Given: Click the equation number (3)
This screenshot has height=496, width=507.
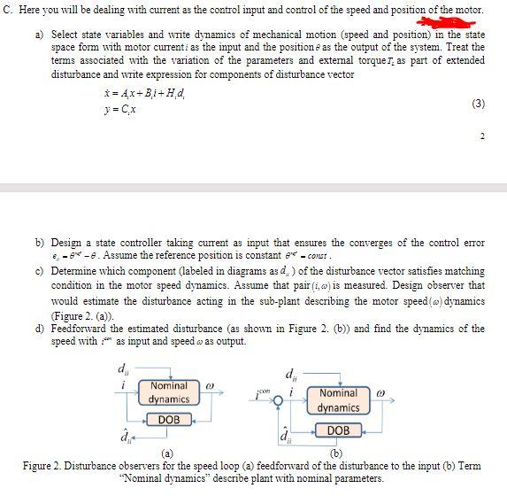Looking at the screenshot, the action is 478,104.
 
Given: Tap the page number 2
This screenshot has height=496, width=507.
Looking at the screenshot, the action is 481,136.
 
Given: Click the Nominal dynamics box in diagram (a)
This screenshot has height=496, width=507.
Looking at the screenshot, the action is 168,392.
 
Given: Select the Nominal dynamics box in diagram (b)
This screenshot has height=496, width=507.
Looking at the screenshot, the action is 337,400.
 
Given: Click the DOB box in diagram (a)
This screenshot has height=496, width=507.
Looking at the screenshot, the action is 169,419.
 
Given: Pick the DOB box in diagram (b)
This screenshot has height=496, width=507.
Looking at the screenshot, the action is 338,430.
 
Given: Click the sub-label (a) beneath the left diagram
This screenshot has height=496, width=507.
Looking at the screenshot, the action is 166,453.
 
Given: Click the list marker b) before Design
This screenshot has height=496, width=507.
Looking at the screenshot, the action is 40,242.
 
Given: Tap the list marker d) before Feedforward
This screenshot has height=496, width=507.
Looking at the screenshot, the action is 40,329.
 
